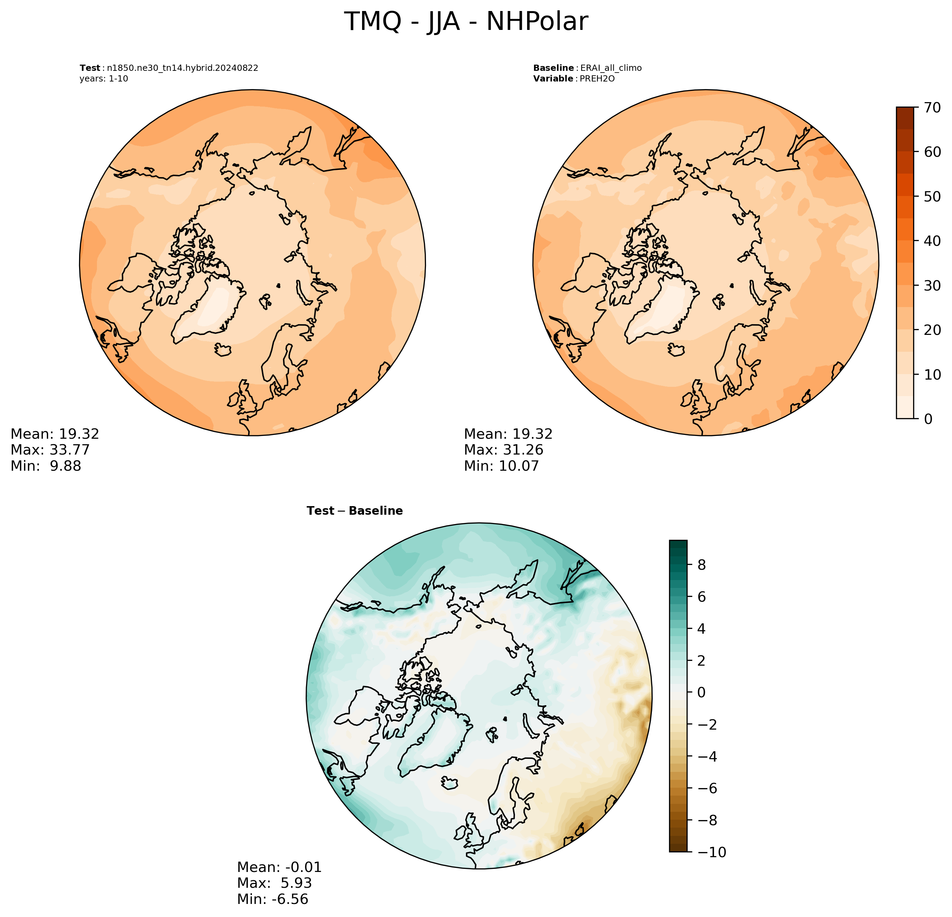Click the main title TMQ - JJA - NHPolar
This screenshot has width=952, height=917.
(466, 22)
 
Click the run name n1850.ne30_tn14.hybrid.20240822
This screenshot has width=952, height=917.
(183, 68)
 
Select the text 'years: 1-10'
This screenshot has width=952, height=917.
(104, 79)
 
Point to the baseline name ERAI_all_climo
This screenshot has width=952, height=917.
(611, 68)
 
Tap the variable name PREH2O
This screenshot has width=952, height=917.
(598, 79)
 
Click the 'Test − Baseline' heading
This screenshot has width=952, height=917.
(354, 511)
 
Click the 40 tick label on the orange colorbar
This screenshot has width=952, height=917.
(932, 241)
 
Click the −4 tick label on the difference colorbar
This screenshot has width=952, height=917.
(707, 757)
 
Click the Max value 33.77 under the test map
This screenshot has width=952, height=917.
(70, 450)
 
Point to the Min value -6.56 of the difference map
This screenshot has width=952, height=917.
(290, 899)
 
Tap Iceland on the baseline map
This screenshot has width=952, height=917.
(677, 350)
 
